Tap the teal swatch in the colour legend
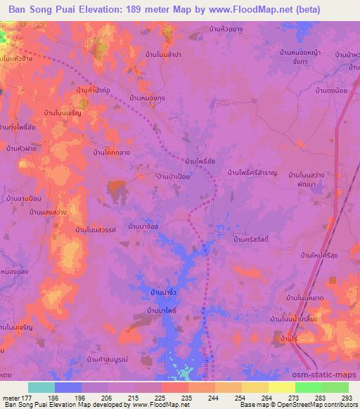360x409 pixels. coord(41,387)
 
